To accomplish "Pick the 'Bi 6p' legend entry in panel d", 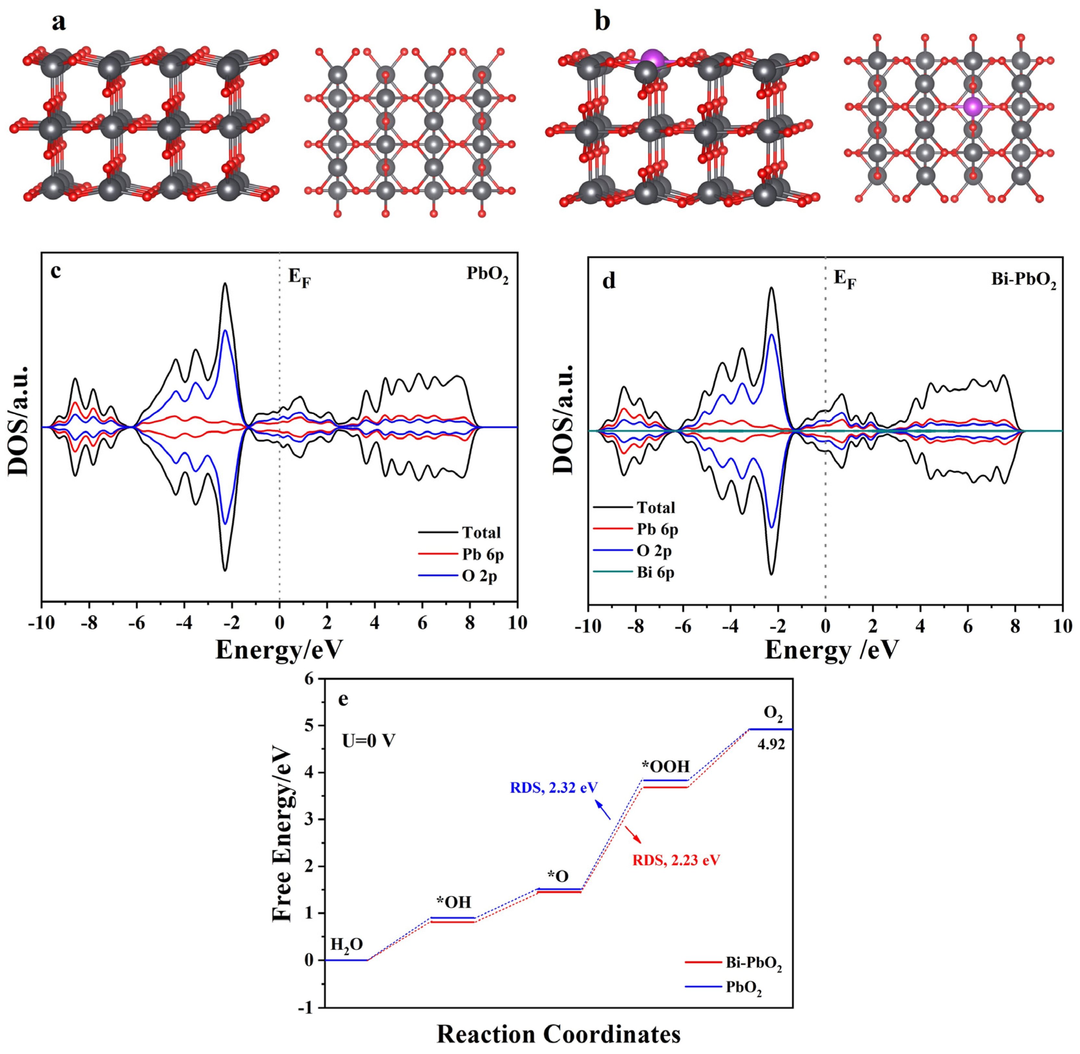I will pos(655,572).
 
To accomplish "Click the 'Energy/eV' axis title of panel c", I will pos(279,649).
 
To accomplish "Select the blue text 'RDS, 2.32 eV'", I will pos(553,787).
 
